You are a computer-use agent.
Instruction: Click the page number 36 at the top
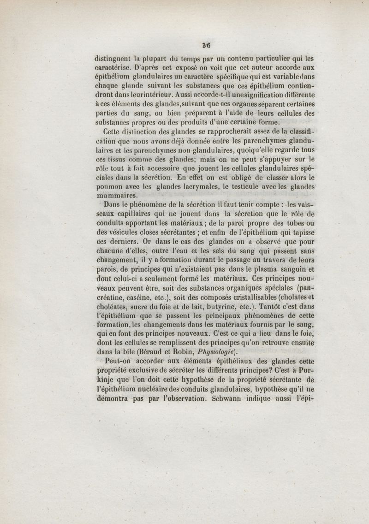pyautogui.click(x=205, y=45)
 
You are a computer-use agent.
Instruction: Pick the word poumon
pyautogui.click(x=109, y=187)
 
